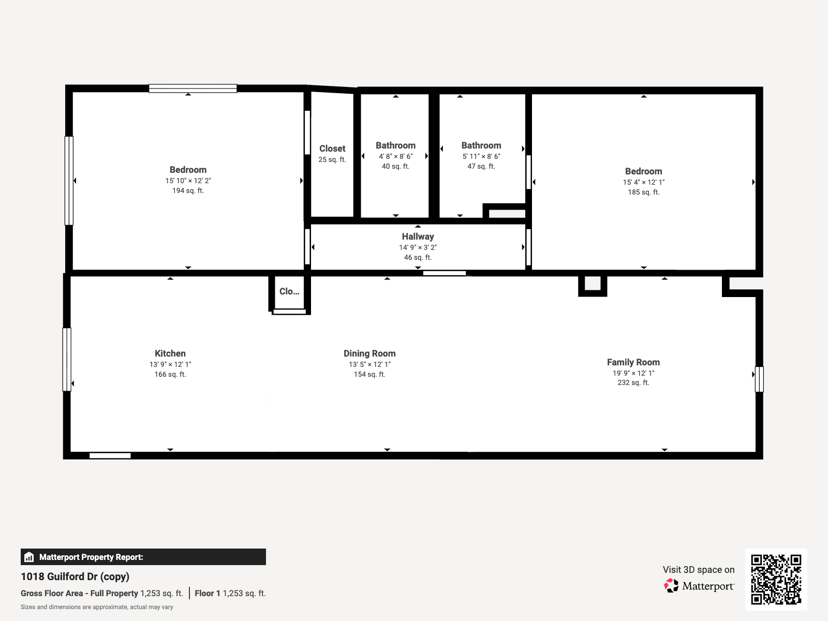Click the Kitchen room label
point(170,353)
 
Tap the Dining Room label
point(369,353)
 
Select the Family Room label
point(633,362)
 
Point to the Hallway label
point(418,236)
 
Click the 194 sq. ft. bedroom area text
point(188,191)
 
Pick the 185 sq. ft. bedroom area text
point(644,193)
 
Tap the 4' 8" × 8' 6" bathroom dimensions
point(395,156)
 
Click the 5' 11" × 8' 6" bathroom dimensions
point(481,156)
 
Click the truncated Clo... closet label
point(289,291)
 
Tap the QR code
point(776,579)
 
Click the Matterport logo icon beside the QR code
point(671,586)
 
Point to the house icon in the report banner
point(29,557)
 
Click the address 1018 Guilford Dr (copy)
point(75,576)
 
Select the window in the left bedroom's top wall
point(193,88)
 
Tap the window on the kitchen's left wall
point(67,359)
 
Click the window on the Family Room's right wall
point(759,379)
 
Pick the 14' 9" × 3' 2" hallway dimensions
point(418,247)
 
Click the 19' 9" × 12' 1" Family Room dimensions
point(633,373)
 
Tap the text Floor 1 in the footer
point(207,593)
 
